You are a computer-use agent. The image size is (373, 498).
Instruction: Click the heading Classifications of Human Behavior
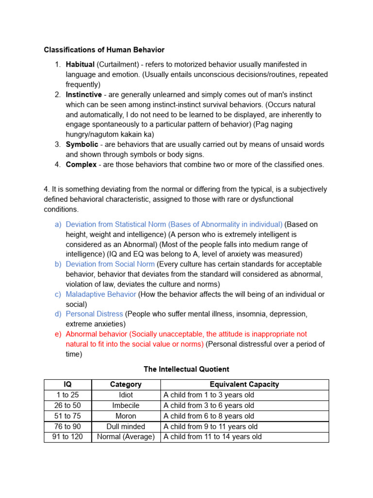tap(104, 50)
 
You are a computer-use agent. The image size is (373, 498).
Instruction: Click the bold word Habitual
tap(80, 64)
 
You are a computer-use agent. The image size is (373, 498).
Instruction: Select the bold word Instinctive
tap(84, 94)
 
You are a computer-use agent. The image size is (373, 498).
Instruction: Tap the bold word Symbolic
tap(82, 144)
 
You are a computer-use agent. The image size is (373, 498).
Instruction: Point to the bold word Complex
tap(81, 164)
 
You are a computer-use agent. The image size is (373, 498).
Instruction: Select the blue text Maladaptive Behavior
tap(101, 294)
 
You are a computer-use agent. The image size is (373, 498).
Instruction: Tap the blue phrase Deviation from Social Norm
tap(110, 264)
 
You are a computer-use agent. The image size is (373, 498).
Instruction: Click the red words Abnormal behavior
tap(96, 334)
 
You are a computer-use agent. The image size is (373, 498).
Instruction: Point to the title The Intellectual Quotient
tap(186, 369)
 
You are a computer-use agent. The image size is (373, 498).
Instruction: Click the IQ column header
tap(68, 384)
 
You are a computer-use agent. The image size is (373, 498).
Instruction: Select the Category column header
tap(126, 384)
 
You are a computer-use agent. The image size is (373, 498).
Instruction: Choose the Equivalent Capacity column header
tap(244, 384)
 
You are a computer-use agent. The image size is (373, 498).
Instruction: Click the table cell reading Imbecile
tap(126, 406)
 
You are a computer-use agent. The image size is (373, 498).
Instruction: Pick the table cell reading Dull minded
tap(126, 427)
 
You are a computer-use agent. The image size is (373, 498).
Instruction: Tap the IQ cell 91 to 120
tap(68, 437)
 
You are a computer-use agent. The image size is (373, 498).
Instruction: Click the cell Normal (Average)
tap(126, 437)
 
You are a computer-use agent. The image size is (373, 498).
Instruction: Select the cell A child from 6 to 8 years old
tap(209, 416)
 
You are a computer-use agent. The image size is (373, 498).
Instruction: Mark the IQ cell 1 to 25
tap(68, 395)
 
